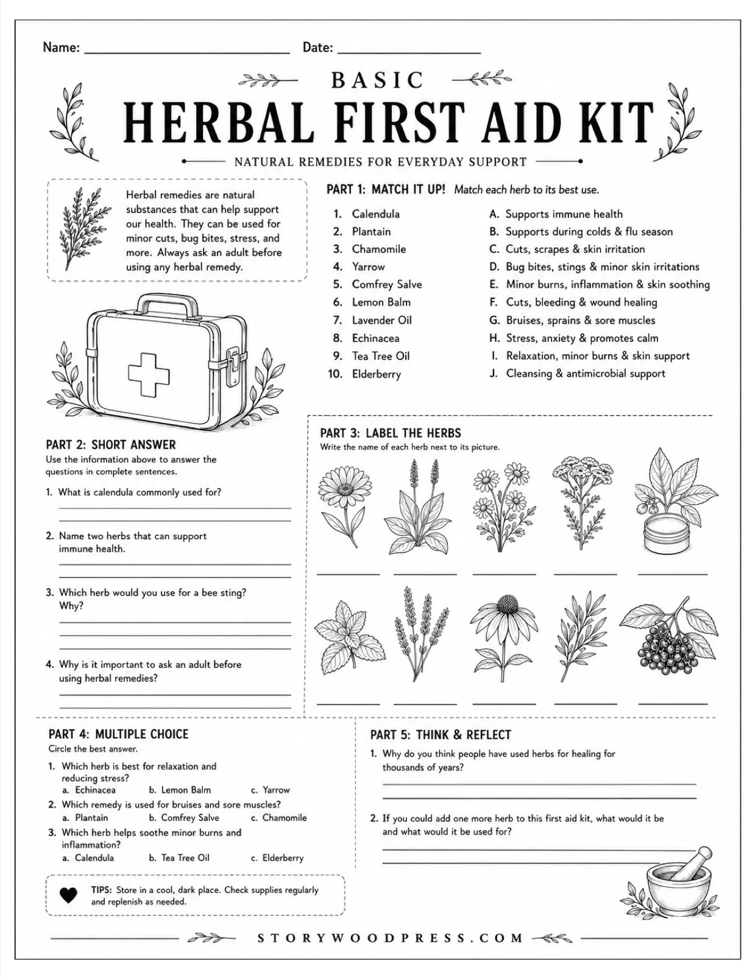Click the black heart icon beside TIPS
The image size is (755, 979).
point(68,895)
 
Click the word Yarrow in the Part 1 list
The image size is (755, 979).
point(368,267)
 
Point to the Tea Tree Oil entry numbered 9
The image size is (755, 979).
point(372,356)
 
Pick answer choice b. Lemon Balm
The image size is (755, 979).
point(180,790)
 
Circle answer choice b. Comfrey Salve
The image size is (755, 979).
point(183,817)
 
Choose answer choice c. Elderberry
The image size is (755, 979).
point(277,858)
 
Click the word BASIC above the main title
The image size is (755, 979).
point(377,80)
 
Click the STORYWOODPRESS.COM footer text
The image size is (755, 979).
point(390,938)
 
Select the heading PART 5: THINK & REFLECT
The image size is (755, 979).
point(441,735)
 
